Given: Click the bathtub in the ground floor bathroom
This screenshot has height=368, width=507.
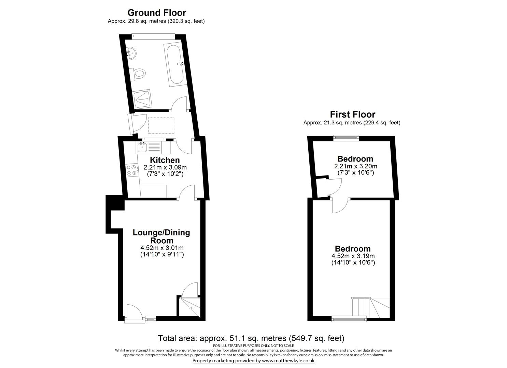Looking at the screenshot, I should tap(175, 64).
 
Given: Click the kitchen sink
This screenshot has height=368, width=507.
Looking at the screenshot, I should tap(142, 148).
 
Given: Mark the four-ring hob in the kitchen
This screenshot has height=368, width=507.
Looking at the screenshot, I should tap(132, 170).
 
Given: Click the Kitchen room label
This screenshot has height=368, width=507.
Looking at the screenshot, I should tap(165, 160).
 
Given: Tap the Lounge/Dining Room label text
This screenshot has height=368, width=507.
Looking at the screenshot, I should tap(161, 236).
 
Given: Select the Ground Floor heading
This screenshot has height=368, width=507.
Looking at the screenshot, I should tap(157, 13).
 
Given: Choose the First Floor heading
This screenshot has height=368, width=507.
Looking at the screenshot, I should tap(352, 114).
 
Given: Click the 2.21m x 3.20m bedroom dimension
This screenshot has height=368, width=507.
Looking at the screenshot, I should tap(355, 166).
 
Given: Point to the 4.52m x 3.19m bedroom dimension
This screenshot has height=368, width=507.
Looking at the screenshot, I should tap(353, 256).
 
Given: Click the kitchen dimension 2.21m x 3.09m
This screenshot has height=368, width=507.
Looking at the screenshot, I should tap(165, 168).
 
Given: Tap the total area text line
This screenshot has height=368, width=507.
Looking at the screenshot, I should tap(251, 338).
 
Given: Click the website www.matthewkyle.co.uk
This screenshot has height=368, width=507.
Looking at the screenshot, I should tap(288, 361).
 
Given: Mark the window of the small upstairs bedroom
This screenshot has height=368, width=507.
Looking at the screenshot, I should tap(346, 138).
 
